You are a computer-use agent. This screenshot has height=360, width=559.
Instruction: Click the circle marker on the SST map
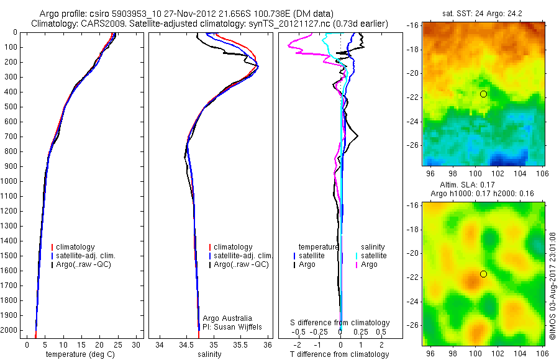click(x=483, y=94)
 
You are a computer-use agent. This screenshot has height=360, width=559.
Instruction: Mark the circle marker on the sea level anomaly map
click(x=483, y=274)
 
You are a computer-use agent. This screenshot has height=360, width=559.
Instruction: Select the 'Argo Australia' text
click(x=227, y=318)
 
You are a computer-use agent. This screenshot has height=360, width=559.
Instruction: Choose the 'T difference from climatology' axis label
click(x=340, y=354)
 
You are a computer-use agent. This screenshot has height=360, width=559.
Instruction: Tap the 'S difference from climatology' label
click(x=340, y=323)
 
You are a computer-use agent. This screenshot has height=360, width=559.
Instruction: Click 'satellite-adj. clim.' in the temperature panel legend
click(x=90, y=256)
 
